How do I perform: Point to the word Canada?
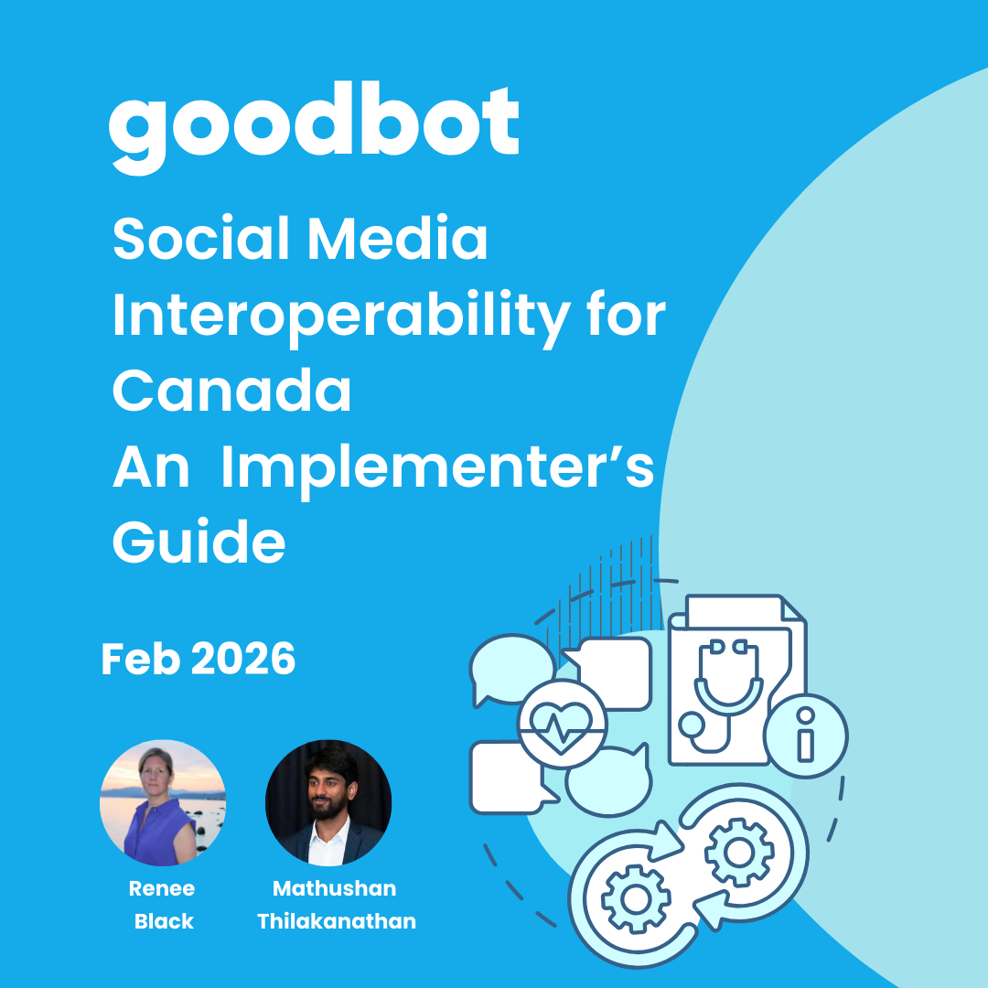tap(231, 392)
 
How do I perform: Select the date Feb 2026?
tap(199, 659)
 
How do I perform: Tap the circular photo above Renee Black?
tap(163, 803)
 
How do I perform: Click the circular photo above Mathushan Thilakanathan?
tap(328, 803)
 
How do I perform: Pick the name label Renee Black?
tap(163, 905)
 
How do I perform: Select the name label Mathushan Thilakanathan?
tap(336, 905)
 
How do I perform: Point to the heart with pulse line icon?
tap(562, 724)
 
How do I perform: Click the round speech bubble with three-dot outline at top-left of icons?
tap(511, 669)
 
